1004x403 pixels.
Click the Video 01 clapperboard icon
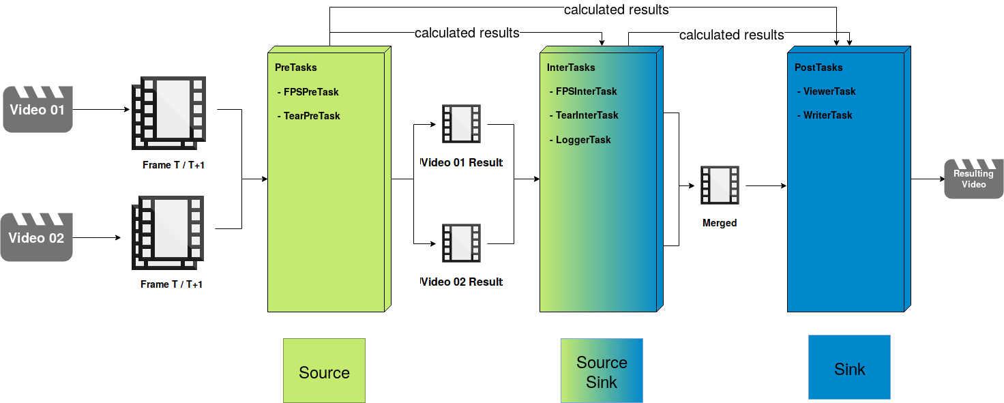[x=38, y=109]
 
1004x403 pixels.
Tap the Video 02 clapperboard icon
[x=37, y=237]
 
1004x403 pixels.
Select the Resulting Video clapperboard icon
[x=973, y=179]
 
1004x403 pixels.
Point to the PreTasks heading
[x=296, y=68]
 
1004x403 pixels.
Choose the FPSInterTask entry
[x=586, y=91]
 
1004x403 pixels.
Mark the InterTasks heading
[x=571, y=68]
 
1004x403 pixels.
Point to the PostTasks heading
[x=818, y=68]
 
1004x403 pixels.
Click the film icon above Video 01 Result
[x=461, y=123]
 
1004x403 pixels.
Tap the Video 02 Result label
[x=461, y=282]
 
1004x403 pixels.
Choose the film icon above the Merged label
[x=720, y=185]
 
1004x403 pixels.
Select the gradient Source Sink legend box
[x=602, y=371]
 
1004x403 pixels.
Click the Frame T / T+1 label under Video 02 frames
[x=172, y=284]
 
